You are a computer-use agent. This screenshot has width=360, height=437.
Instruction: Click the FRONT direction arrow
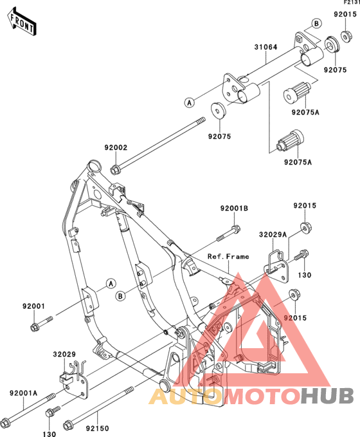point(22,22)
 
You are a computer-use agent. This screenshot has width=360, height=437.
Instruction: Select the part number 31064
point(265,47)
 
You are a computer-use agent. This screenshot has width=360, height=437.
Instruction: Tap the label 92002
point(116,147)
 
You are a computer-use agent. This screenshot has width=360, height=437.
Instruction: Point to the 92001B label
point(234,208)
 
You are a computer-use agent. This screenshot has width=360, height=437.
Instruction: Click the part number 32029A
point(273,235)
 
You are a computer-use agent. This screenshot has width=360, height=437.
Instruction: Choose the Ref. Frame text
point(228,256)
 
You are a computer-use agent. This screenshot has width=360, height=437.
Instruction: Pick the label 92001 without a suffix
point(33,306)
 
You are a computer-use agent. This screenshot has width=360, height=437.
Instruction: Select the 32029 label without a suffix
point(64,354)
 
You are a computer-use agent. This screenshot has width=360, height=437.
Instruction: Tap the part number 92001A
point(23,393)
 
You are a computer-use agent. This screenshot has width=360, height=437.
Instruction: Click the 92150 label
point(97,428)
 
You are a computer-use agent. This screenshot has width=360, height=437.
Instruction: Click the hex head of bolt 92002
point(114,170)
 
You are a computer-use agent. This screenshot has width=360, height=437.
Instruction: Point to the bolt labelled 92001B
point(229,234)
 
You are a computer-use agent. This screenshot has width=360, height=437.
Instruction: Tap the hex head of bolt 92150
point(67,425)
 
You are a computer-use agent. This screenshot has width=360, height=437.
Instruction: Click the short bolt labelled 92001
point(41,323)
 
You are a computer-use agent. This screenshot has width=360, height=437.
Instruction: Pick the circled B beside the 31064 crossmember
point(316,23)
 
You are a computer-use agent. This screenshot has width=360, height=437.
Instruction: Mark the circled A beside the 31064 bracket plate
point(190,102)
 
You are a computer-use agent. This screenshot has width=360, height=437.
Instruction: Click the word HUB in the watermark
point(327,395)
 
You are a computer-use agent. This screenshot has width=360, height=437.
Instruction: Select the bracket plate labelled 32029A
point(276,268)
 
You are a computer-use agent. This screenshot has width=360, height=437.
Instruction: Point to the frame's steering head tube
point(94,167)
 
